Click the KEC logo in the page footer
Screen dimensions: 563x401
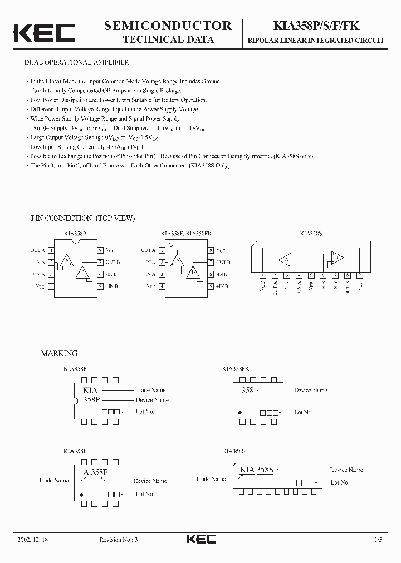click(200, 539)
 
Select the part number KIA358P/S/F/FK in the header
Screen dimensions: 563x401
click(315, 26)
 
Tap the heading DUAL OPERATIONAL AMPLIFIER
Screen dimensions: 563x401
click(77, 63)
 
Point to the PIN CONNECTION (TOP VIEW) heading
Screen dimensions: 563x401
click(83, 218)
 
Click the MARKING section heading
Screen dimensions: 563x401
click(60, 353)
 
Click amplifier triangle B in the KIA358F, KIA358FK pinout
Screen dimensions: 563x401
click(194, 273)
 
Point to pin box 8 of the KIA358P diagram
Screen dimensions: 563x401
click(100, 251)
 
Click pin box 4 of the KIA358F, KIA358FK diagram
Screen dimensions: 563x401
click(162, 286)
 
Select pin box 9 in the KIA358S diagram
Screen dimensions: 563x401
click(359, 274)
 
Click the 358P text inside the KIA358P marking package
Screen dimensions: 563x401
click(91, 399)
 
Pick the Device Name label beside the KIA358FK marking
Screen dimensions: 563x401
click(311, 391)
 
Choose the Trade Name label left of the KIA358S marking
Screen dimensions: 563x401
click(211, 479)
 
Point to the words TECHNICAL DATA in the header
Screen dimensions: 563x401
click(168, 39)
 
